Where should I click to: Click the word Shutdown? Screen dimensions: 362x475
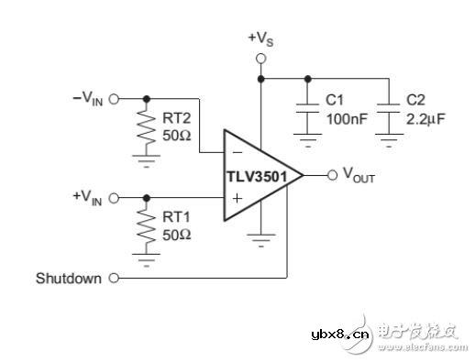click(x=69, y=278)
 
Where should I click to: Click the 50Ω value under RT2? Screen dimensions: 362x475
click(x=176, y=137)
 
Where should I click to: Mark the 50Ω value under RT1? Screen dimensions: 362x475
click(x=176, y=235)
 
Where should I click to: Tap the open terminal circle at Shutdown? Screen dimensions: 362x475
click(x=114, y=278)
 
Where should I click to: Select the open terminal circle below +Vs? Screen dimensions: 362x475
click(x=260, y=58)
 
